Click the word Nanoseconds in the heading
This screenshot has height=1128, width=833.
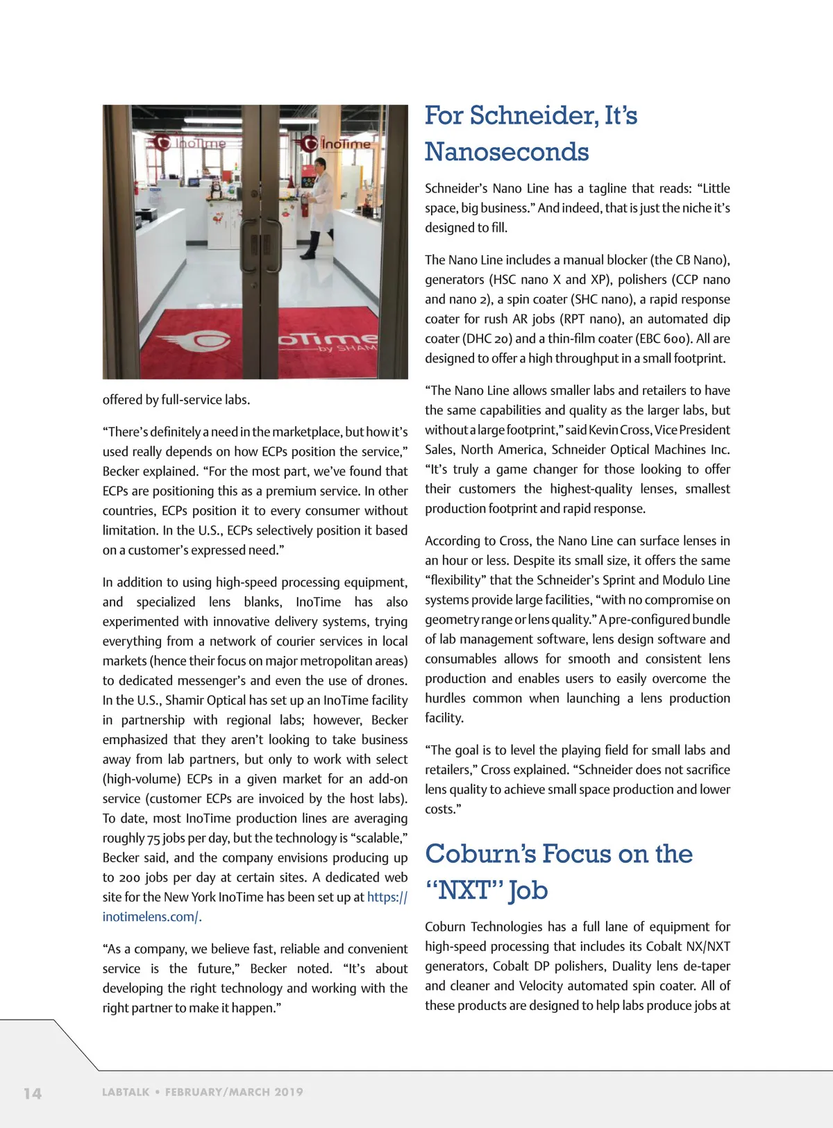pos(507,152)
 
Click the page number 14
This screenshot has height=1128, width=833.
pos(33,1093)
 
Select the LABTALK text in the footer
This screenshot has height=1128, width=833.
pos(126,1092)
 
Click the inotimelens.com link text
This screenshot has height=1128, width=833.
pos(151,917)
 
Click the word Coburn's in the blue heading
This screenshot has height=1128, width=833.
pos(479,854)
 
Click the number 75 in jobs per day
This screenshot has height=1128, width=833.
pos(153,839)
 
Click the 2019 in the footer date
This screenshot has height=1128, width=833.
pos(288,1092)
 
